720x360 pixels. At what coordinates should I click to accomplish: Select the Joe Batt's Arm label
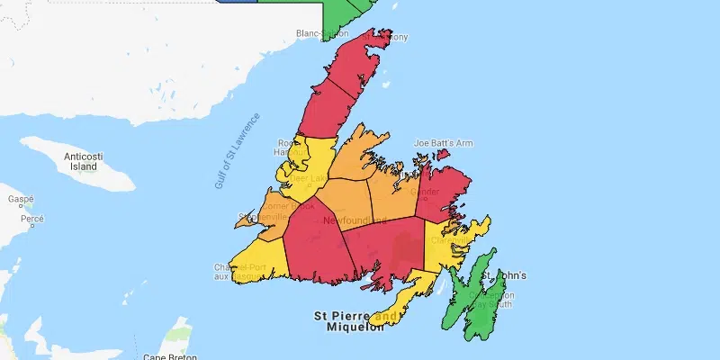pos(443,143)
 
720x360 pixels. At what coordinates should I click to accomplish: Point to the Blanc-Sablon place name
pos(322,34)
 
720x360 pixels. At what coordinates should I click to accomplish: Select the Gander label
pos(424,193)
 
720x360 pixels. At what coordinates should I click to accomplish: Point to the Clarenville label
pos(448,240)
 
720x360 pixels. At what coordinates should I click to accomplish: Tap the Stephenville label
pos(262,218)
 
